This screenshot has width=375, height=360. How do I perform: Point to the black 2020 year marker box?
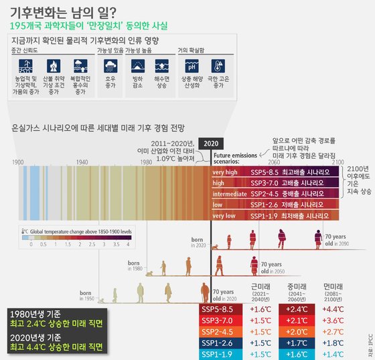click(x=210, y=143)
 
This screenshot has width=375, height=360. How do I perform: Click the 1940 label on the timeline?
click(x=82, y=162)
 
